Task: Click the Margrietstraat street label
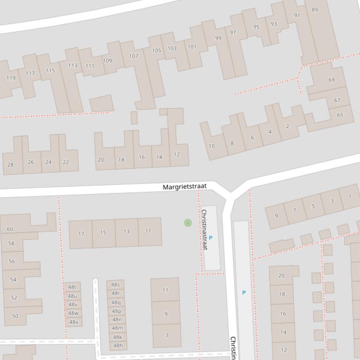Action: pos(184,187)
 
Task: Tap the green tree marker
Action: pos(188,223)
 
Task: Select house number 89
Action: pos(315,10)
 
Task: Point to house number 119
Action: pos(11,78)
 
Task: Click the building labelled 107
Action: pos(133,56)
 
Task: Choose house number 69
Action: pos(331,80)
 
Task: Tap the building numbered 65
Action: pos(340,115)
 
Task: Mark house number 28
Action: pos(10,165)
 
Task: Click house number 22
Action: pos(66,162)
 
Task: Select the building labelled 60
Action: pos(10,229)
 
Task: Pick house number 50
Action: pos(15,316)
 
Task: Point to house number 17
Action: pos(81,234)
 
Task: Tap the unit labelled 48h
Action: pos(118,346)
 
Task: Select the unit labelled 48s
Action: pos(115,284)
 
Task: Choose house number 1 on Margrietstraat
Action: pos(350,196)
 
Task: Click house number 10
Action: pos(212,146)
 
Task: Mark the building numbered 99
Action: pos(218,38)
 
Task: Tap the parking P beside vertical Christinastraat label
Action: pos(210,238)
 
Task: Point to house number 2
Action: pos(287,126)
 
